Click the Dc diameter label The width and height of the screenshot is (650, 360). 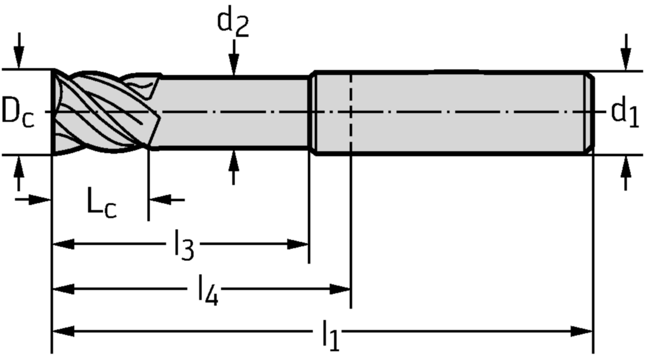(17, 112)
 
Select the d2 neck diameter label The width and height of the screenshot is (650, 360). (233, 22)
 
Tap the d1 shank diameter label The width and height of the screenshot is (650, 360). (625, 112)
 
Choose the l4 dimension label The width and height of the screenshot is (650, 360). (208, 291)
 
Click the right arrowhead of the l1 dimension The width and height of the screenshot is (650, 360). (581, 331)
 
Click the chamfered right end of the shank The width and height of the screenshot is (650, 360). (590, 112)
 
